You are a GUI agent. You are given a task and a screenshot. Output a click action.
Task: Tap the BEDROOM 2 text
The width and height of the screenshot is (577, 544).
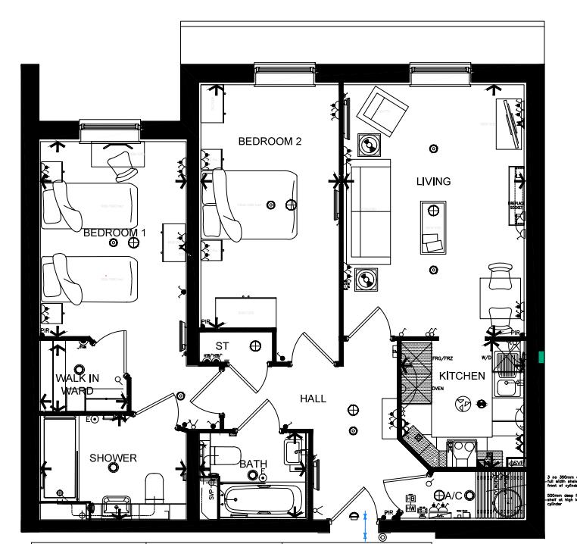(x=270, y=141)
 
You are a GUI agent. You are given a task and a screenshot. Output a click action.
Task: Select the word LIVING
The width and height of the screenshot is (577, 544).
(x=433, y=181)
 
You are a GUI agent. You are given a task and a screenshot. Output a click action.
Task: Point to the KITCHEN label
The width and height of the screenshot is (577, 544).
(x=462, y=376)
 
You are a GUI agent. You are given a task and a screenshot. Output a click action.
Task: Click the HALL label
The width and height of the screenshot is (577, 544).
(x=313, y=398)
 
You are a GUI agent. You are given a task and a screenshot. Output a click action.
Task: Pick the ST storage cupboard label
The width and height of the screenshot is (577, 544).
(x=222, y=346)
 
